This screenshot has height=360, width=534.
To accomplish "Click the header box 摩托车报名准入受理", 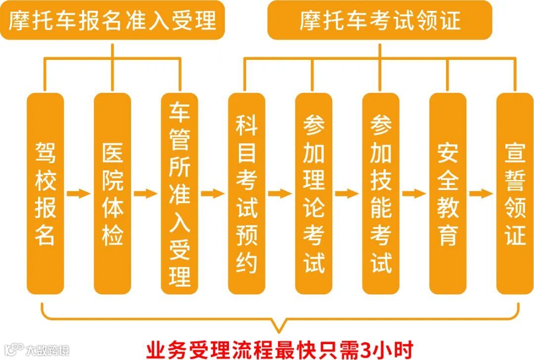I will coord(112,20).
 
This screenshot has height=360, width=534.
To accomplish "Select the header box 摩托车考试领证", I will coord(380,20).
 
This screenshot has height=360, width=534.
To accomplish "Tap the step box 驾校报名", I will coord(45,193).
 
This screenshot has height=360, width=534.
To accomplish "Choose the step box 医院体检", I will coord(112,193).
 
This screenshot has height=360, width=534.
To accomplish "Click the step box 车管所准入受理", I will coord(179,193).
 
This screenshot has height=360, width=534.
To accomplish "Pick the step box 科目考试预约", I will coord(246,193).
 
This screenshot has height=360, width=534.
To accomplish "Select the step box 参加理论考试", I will coord(313,193).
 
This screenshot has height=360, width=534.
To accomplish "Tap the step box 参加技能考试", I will coord(381,193).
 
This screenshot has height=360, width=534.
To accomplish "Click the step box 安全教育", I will coord(447,193).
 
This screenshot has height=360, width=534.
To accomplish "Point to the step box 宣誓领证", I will coord(515,193).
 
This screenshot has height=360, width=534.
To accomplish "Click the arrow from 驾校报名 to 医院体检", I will coord(79,193).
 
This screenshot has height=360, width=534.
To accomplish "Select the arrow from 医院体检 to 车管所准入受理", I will coord(146,193).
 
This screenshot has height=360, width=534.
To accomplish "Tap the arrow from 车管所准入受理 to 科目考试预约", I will coord(213,193).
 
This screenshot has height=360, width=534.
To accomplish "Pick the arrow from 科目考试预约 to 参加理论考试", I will coord(280,193).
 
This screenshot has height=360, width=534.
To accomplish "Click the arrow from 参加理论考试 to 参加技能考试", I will coord(347,193).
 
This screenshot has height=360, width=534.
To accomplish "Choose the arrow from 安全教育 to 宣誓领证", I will coord(481,193).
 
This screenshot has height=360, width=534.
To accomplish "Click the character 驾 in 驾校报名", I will coord(45,153).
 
